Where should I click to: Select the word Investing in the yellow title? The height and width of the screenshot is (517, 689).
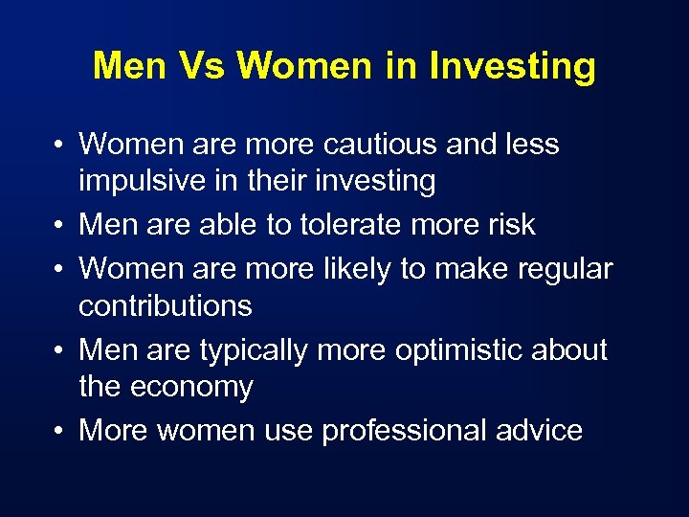pyautogui.click(x=512, y=67)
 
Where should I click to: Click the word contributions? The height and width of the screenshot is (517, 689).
pyautogui.click(x=166, y=306)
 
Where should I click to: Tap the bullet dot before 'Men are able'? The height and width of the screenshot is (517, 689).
pyautogui.click(x=59, y=226)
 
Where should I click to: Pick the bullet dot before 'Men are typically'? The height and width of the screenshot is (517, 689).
pyautogui.click(x=59, y=351)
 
